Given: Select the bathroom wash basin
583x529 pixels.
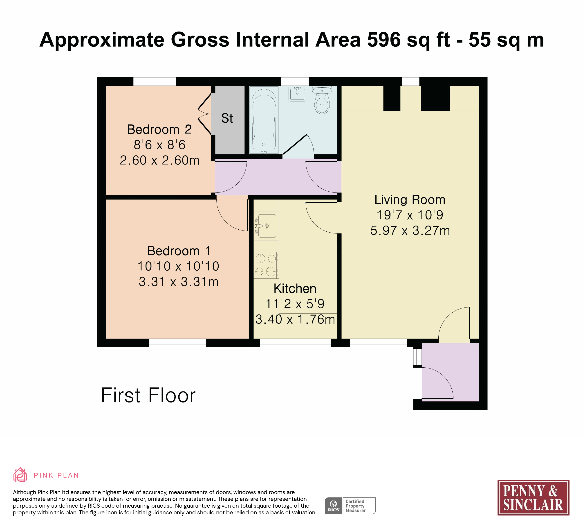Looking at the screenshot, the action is pos(297,93).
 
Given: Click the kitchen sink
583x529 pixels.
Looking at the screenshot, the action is pos(266,226).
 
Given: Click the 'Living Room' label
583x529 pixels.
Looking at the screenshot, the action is pos(410,200).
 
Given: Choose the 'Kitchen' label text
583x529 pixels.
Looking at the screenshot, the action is pos(295,289).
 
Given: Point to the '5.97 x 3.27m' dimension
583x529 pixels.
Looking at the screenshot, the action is pos(410,231).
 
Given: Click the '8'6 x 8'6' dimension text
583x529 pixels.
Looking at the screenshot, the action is pos(160,145).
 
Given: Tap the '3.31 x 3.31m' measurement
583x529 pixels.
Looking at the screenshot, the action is pos(179,282).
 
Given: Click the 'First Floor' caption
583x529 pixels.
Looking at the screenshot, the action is pos(148,395).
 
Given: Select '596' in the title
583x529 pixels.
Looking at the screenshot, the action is pos(384,40).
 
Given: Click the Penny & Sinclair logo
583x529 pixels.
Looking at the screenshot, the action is pos(533,498).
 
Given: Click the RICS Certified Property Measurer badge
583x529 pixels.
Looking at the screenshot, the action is pos(350,506).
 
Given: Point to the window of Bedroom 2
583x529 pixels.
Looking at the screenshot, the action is pos(155,82).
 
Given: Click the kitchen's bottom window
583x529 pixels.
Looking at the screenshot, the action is pos(295,343).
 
